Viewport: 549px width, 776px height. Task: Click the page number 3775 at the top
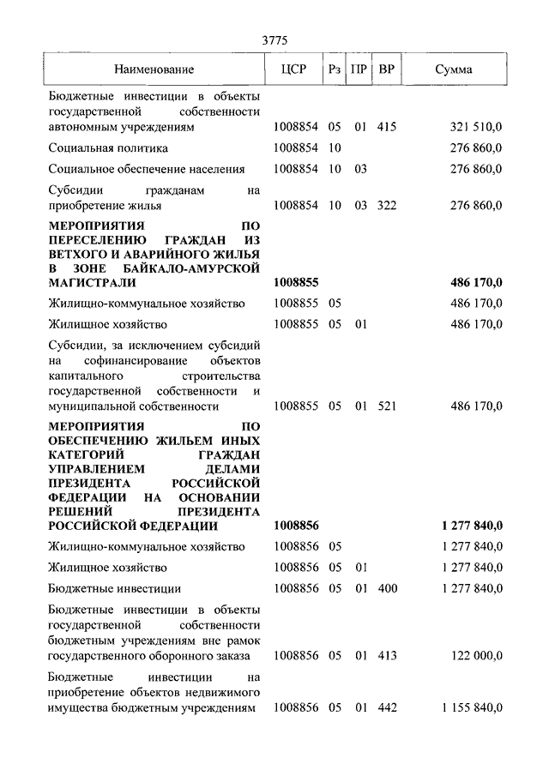[x=274, y=40]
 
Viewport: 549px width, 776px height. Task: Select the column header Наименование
[x=154, y=69]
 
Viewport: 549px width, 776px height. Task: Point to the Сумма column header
[x=452, y=69]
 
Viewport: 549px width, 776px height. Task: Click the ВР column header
[x=387, y=69]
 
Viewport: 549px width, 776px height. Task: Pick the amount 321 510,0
[x=475, y=127]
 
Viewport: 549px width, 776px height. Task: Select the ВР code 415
[x=386, y=127]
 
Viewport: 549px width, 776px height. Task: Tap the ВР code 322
[x=386, y=206]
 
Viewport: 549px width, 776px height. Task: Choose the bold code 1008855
[x=296, y=282]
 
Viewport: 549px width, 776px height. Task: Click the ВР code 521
[x=386, y=406]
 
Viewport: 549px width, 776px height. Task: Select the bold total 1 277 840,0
[x=472, y=526]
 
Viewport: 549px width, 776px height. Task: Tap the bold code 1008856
[x=296, y=526]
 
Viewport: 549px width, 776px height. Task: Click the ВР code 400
[x=386, y=588]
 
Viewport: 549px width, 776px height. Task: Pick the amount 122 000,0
[x=478, y=655]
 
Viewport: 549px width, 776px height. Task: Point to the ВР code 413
[x=386, y=655]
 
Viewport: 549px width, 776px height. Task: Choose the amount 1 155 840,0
[x=472, y=708]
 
